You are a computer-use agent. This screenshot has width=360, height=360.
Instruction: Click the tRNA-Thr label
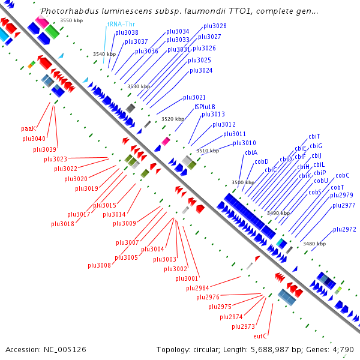[x=119, y=23]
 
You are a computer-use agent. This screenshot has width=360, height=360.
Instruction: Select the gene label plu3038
[x=127, y=32]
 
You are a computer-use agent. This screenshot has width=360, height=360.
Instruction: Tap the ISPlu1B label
[x=205, y=107]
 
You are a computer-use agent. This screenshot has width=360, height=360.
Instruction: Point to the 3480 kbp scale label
[x=314, y=244]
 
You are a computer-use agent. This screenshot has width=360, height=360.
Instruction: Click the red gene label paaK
[x=29, y=128]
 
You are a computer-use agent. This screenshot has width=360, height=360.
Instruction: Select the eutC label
[x=260, y=336]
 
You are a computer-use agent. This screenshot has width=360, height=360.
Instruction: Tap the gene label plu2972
[x=344, y=229]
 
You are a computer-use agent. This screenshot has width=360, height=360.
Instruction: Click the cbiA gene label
[x=251, y=152]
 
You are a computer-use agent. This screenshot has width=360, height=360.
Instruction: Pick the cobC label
[x=343, y=175]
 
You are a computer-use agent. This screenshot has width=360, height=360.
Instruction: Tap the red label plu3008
[x=99, y=265]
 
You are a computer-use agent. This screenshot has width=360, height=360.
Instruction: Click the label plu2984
[x=197, y=288]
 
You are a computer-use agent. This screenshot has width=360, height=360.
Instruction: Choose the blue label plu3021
[x=194, y=97]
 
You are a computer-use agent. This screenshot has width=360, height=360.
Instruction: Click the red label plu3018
[x=63, y=224]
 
